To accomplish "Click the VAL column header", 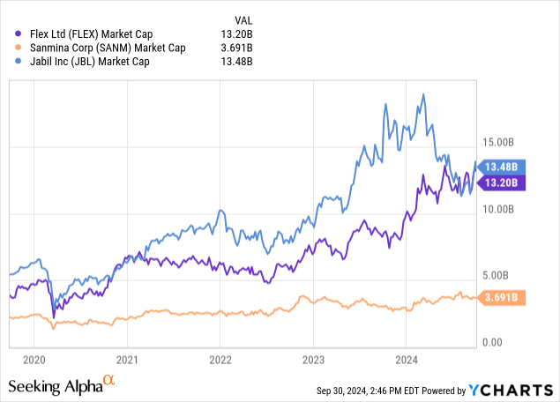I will [242, 19].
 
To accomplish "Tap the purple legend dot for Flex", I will [11, 35].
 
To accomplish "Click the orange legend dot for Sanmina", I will [11, 48].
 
